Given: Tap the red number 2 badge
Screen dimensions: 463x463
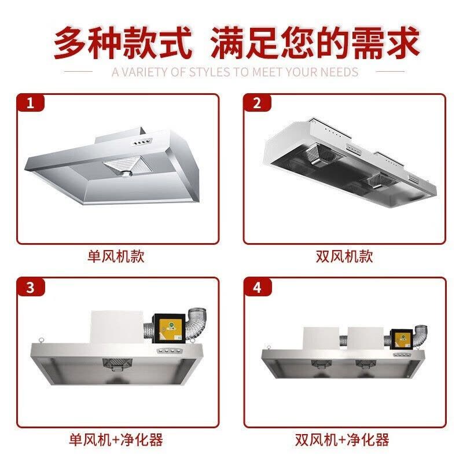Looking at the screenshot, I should [x=257, y=104].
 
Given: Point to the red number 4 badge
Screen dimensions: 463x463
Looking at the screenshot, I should [x=257, y=287].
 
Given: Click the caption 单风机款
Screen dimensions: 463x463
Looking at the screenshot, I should [x=116, y=256].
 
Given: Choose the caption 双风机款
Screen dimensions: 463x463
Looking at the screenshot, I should [x=344, y=256].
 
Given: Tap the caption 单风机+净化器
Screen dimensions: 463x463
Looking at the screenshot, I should [x=116, y=439].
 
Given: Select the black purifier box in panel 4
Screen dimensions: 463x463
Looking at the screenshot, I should [x=400, y=338].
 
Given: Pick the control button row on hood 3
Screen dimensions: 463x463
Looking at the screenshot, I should [x=168, y=351].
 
